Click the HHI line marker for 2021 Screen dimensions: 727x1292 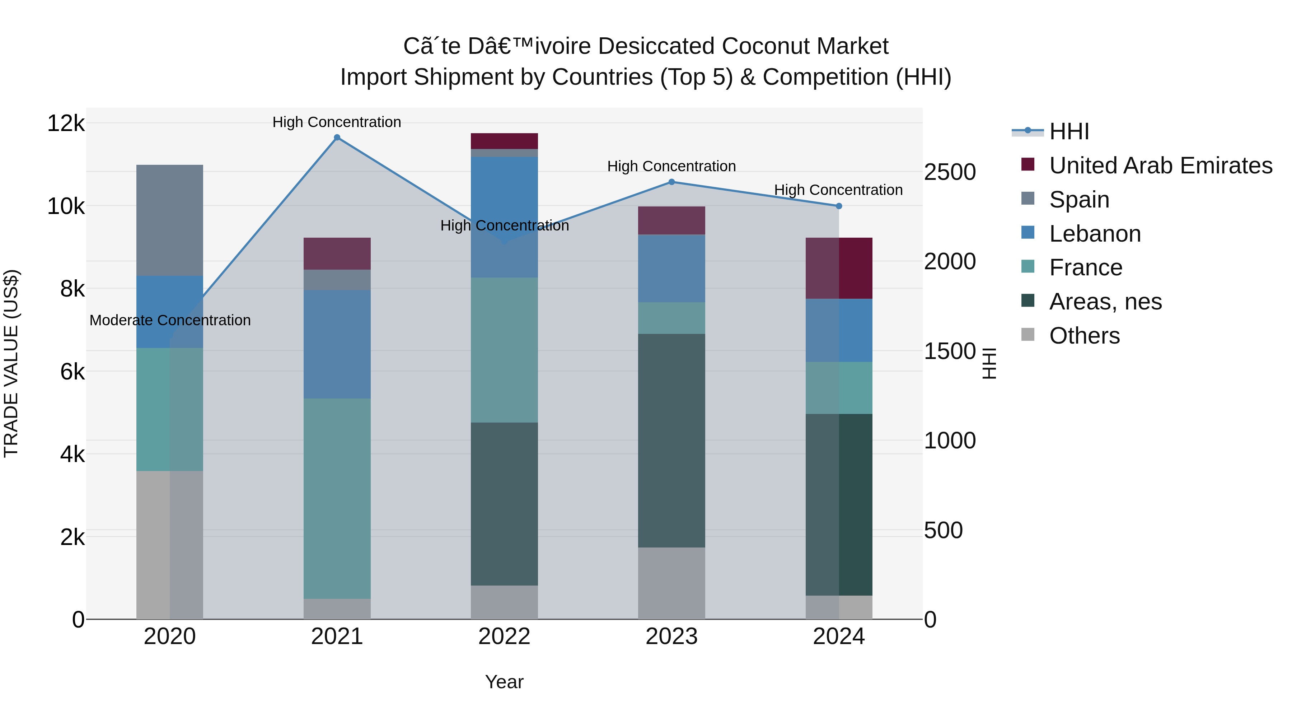(x=337, y=138)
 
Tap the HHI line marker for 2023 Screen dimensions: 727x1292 (x=671, y=182)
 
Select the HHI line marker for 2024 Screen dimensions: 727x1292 (x=839, y=206)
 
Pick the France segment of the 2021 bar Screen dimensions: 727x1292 (x=337, y=498)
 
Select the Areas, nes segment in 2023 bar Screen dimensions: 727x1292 (x=671, y=441)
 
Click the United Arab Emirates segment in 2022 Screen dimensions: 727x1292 (x=504, y=141)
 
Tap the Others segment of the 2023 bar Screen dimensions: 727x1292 (x=671, y=583)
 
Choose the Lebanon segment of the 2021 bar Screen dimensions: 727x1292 (x=337, y=344)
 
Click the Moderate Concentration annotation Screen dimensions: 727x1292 (x=170, y=320)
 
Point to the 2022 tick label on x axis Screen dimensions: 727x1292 (x=504, y=637)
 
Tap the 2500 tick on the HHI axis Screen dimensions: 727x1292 (x=949, y=172)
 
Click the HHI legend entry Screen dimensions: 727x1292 (x=1068, y=131)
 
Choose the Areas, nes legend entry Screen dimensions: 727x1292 (x=1105, y=302)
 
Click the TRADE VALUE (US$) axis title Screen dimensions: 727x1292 (x=11, y=363)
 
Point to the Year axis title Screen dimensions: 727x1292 (x=504, y=682)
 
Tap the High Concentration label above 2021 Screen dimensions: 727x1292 (x=337, y=122)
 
